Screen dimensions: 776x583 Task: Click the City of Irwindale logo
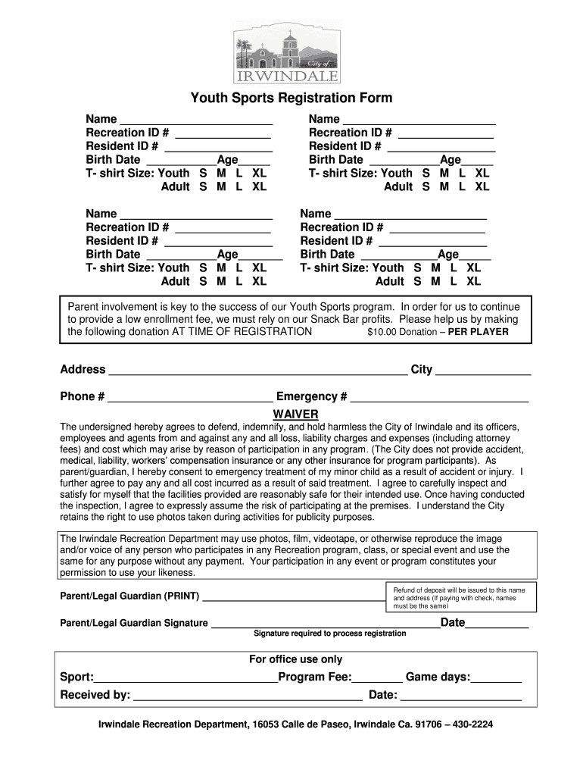coord(286,52)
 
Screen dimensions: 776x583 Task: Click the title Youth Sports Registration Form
coord(291,99)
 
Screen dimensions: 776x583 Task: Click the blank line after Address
coord(257,371)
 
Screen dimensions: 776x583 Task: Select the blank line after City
coord(483,371)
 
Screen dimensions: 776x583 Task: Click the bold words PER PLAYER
coord(479,332)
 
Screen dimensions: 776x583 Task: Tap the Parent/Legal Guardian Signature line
coord(324,624)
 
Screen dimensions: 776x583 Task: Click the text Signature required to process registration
coord(329,634)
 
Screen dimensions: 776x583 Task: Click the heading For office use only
coord(295,659)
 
